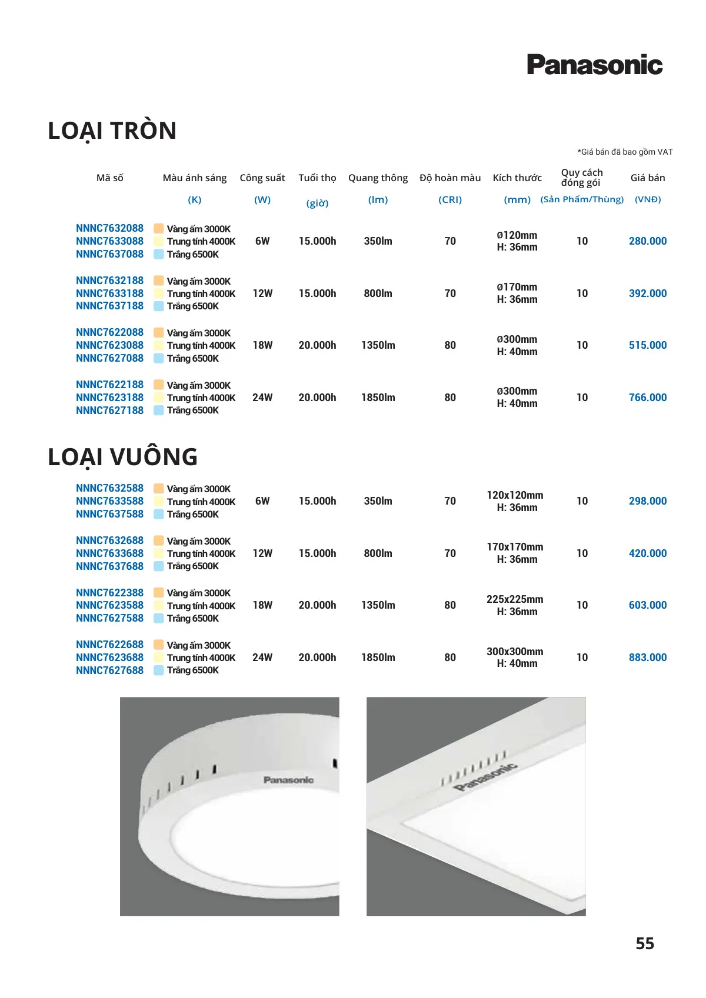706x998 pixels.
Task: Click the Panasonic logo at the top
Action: (x=594, y=65)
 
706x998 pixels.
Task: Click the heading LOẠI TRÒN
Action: (x=112, y=131)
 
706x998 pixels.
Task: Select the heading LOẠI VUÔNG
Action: (x=123, y=457)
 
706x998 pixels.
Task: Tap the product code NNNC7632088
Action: (x=109, y=228)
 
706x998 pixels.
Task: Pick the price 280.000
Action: (x=647, y=241)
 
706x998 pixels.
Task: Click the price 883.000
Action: (x=647, y=657)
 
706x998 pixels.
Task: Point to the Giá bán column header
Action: (x=647, y=178)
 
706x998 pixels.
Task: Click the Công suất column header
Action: (x=262, y=178)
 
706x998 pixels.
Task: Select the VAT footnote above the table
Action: (x=625, y=152)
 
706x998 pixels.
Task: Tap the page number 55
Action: (x=645, y=943)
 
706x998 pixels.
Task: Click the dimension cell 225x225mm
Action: (x=515, y=599)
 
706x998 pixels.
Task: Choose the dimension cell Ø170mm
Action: (x=517, y=287)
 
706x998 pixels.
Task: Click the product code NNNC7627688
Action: (x=109, y=670)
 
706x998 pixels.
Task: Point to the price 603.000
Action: (x=647, y=605)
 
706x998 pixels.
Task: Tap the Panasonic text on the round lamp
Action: (x=288, y=780)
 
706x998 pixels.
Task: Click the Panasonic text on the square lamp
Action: (x=486, y=776)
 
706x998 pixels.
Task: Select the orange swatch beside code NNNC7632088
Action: (x=159, y=229)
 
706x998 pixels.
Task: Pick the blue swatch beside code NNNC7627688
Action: (x=159, y=670)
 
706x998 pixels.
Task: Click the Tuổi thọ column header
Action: (x=317, y=178)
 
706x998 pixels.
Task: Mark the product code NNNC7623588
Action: (x=109, y=605)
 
